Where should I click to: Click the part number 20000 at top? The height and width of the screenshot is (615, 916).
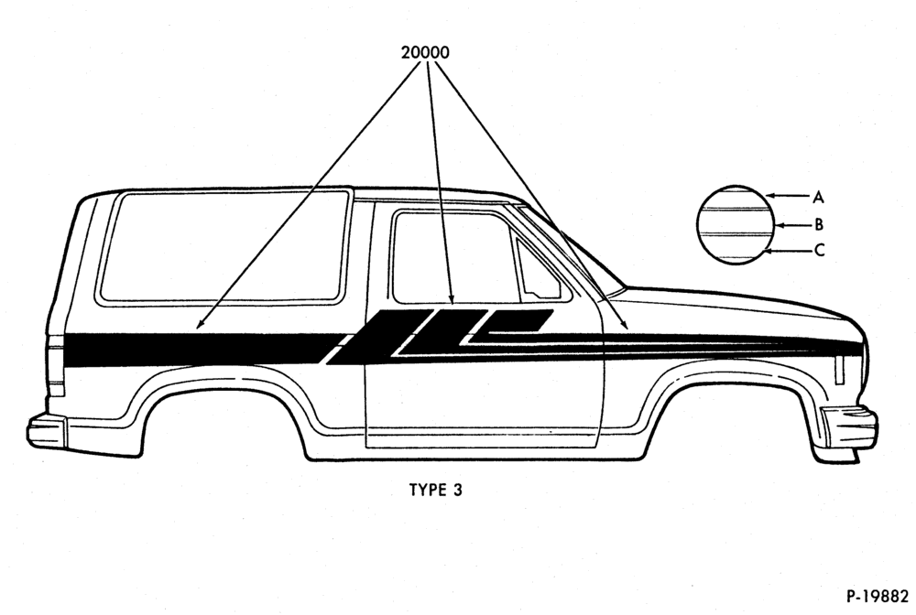tap(425, 52)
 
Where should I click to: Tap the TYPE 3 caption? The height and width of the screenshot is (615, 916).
tap(435, 490)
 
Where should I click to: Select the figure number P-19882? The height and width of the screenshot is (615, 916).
tap(878, 596)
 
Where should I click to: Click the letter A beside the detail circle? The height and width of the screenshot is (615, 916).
tap(818, 198)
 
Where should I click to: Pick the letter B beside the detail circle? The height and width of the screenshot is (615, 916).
tap(819, 224)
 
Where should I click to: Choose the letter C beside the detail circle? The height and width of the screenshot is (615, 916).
tap(819, 251)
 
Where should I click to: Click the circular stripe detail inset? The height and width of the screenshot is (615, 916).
tap(736, 224)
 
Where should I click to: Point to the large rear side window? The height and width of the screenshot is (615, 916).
tap(224, 247)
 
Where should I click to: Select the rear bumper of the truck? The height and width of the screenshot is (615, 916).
tap(48, 430)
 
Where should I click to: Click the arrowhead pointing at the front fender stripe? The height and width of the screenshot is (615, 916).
tap(625, 326)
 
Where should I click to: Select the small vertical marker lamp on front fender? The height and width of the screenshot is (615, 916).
tap(839, 370)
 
